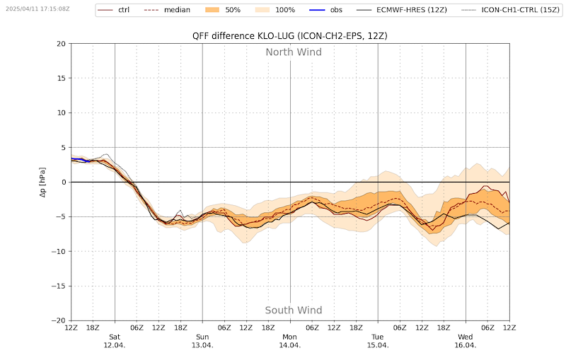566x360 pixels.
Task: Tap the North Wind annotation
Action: pos(294,52)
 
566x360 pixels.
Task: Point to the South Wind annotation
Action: pos(294,310)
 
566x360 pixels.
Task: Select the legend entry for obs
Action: pos(326,10)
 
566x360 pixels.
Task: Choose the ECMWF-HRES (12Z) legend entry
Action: pos(402,10)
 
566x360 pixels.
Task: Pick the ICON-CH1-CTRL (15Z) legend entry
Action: pos(510,10)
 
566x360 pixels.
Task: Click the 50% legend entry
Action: pos(223,10)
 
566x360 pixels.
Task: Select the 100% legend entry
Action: pos(275,10)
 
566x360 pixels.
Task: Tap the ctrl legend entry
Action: pos(113,10)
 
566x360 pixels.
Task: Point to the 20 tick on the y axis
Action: pos(62,44)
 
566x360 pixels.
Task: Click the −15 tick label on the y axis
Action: pos(59,286)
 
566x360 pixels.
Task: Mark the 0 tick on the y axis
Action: pos(64,182)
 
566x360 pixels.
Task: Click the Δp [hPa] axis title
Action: pos(43,182)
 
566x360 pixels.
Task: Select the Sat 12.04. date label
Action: pos(115,341)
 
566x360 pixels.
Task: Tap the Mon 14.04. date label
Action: pos(290,341)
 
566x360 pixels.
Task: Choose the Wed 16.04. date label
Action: pos(466,341)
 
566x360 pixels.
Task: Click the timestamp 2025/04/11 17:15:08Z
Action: pos(37,8)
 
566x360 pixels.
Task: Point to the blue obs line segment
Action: pos(81,159)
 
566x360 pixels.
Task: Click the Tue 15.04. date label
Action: pos(378,341)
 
